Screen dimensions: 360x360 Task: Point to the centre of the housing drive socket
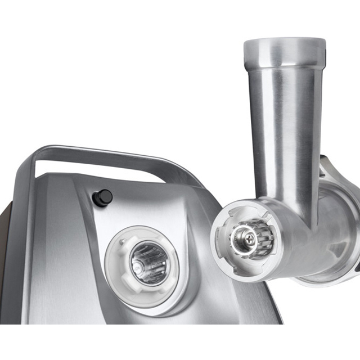[147, 262]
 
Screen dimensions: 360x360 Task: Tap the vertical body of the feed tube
[286, 129]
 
